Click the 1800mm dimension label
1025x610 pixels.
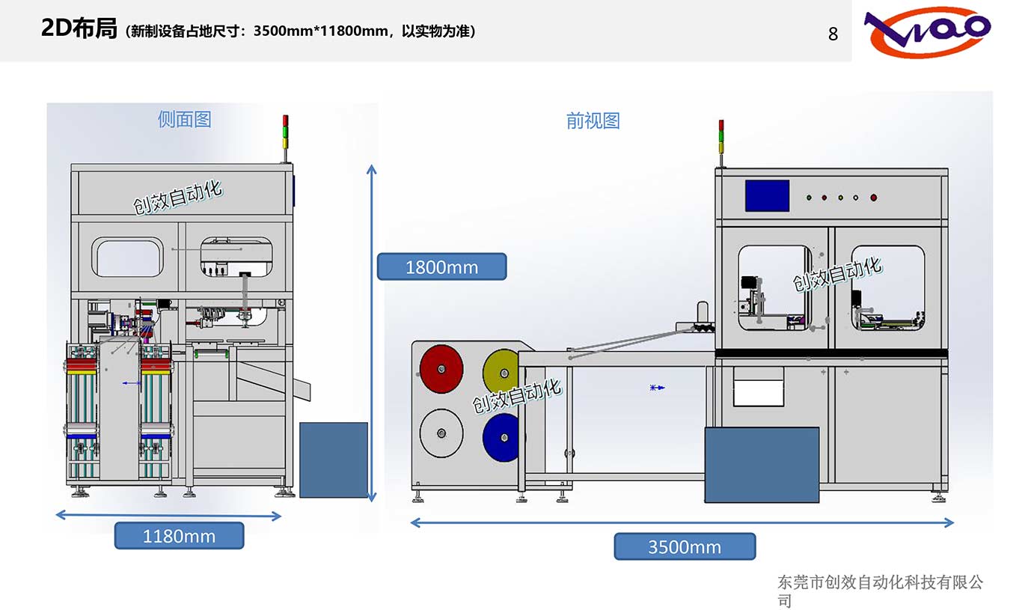pos(441,266)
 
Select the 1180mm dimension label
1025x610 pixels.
pos(179,536)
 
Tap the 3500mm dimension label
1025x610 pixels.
pos(685,546)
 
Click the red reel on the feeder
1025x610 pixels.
pos(441,368)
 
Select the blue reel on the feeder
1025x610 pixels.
pos(501,436)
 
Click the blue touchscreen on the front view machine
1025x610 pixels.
pos(767,196)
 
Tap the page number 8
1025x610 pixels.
pos(833,34)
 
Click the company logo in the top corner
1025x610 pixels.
pos(928,31)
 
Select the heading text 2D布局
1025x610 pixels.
pos(79,29)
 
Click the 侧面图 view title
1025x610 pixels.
pos(185,119)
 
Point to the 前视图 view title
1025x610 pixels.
pos(593,121)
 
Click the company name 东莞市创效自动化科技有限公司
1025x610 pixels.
pos(880,591)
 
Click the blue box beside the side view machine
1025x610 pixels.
pos(334,460)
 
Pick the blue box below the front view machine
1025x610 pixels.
pos(762,464)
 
